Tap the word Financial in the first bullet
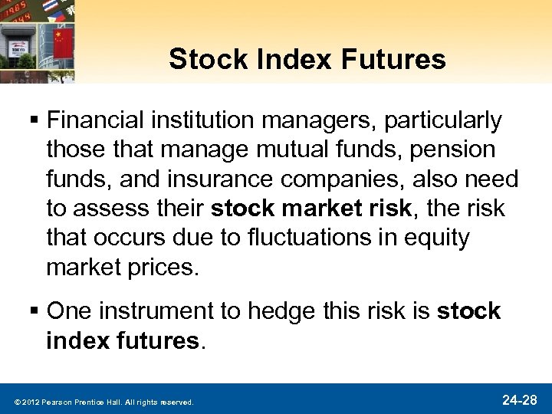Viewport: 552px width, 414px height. point(96,120)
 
